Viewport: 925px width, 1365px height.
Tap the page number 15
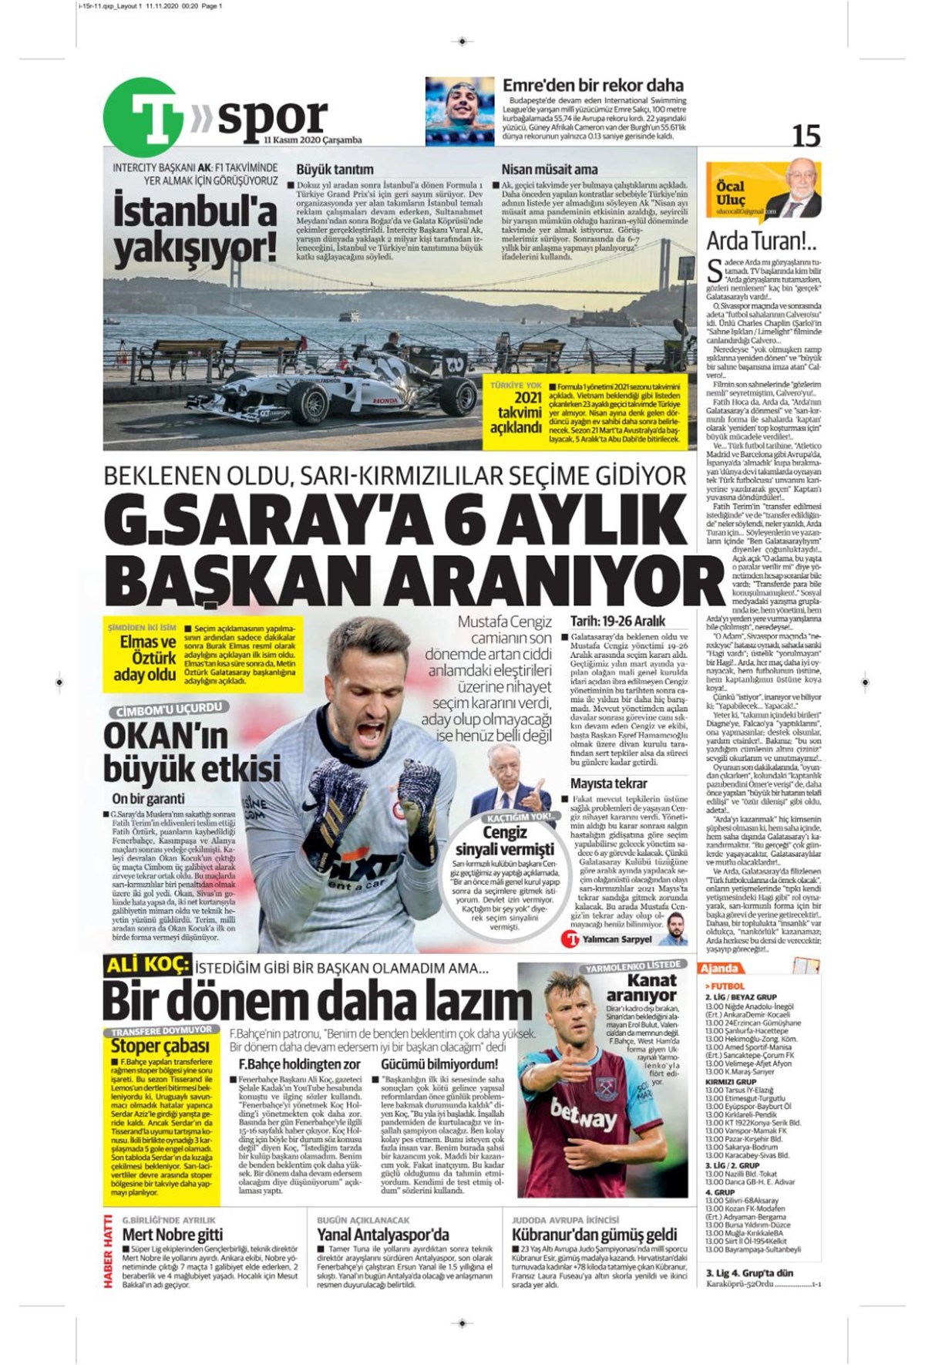point(806,136)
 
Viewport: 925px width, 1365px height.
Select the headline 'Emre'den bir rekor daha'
point(593,86)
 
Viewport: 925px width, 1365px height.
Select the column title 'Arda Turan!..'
point(761,241)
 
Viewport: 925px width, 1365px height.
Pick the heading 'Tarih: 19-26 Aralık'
point(617,620)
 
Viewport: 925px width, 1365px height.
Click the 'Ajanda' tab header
point(720,968)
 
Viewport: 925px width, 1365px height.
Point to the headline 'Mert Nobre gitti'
point(173,1235)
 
